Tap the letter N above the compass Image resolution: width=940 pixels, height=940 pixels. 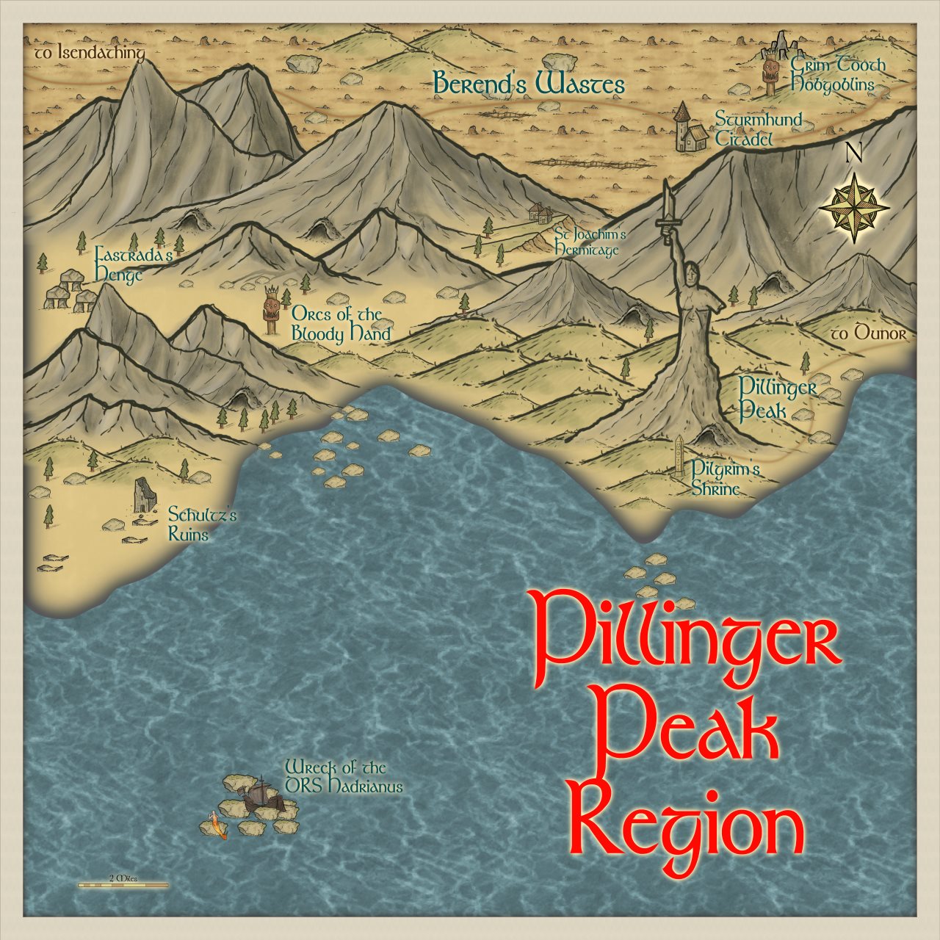(853, 153)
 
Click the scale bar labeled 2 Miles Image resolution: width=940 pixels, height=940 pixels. (123, 885)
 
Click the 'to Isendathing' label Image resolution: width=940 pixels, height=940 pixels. (90, 54)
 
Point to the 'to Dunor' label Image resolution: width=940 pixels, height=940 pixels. (869, 334)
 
